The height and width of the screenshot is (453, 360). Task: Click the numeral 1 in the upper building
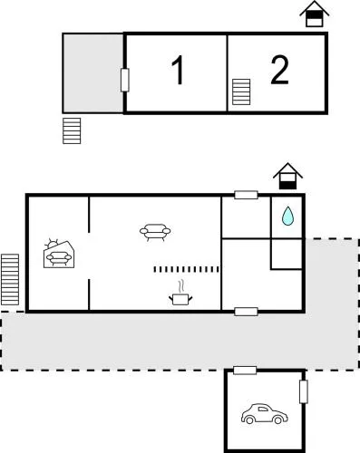178,71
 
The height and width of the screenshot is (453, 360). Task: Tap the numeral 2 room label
279,70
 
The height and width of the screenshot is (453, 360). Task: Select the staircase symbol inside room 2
241,92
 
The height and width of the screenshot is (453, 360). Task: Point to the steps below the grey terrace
73,130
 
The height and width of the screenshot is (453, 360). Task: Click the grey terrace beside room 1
92,72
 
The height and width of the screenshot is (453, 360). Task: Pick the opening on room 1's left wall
124,80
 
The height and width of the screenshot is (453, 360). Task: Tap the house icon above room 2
314,14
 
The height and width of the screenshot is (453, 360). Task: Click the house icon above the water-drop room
287,176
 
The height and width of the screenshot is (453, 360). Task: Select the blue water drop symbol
287,216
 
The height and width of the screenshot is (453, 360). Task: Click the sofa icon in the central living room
156,233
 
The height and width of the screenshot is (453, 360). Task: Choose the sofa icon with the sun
59,255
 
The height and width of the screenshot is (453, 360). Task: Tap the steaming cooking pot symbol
180,294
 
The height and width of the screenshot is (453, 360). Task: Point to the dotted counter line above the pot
187,269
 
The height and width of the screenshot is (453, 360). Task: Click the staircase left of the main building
10,279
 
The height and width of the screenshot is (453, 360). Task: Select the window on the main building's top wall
246,195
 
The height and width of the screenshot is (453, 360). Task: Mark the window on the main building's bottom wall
246,312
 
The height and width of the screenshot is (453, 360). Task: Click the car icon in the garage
264,415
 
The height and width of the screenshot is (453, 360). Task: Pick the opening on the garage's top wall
245,371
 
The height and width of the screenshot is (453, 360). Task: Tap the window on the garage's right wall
304,391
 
